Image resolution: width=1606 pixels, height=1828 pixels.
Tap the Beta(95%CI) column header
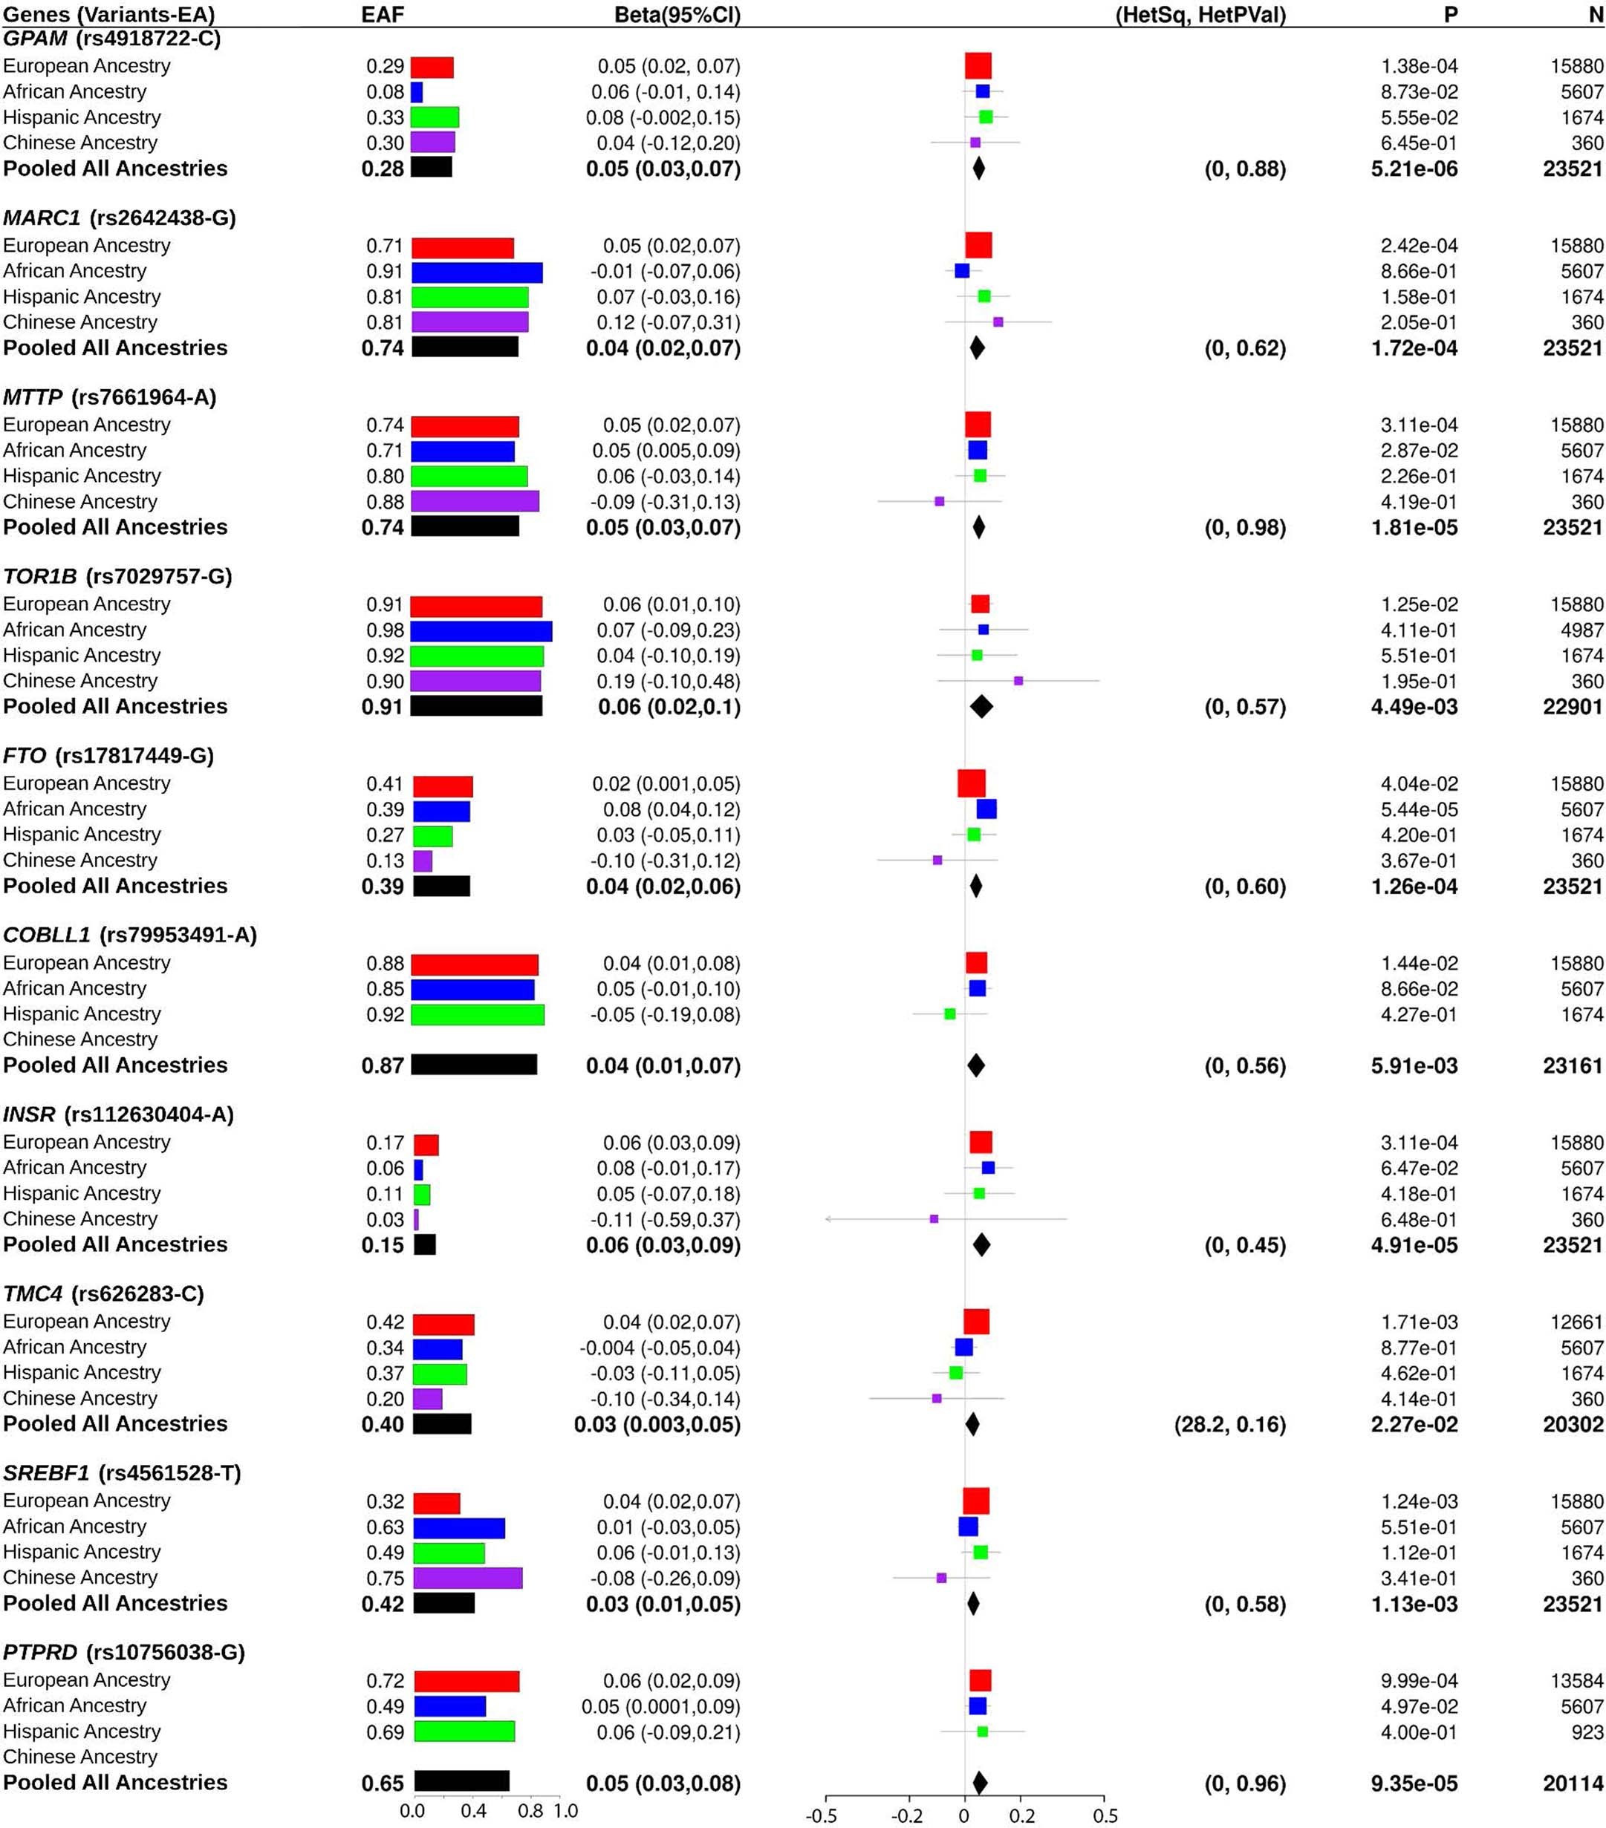click(x=677, y=14)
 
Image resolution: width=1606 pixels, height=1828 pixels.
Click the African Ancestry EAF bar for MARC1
click(x=476, y=272)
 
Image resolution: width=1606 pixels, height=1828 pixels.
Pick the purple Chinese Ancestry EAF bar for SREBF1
click(x=467, y=1578)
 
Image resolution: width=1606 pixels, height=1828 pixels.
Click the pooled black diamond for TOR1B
click(x=981, y=707)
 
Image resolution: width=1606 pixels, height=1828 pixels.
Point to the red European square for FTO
click(x=971, y=783)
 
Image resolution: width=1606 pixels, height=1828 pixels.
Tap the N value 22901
click(x=1572, y=707)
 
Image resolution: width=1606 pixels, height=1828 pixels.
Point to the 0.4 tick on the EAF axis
click(x=473, y=1812)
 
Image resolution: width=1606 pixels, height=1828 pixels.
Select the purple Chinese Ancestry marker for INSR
click(x=933, y=1219)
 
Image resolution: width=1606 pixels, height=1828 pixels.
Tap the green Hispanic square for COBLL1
click(x=949, y=1014)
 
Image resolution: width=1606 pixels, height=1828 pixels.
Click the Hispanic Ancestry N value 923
click(x=1587, y=1732)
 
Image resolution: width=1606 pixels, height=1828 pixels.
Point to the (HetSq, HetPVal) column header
click(x=1200, y=14)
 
